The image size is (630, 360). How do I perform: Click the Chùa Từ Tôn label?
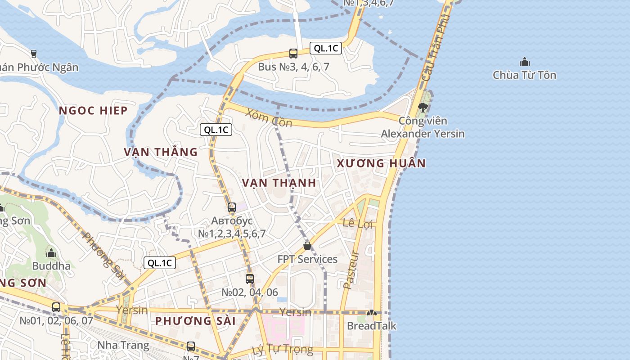(x=524, y=75)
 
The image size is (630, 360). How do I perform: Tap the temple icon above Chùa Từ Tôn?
(x=524, y=62)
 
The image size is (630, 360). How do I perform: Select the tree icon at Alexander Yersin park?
(x=423, y=107)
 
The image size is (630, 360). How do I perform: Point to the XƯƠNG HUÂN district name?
(x=381, y=163)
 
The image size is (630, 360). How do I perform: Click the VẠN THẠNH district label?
(x=279, y=183)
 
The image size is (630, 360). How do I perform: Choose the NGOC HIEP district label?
(x=93, y=111)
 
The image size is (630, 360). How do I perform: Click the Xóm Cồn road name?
(x=269, y=118)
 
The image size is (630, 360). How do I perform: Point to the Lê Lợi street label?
(x=358, y=223)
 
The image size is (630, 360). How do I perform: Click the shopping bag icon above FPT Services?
(x=307, y=246)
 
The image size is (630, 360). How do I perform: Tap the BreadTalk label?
(x=371, y=326)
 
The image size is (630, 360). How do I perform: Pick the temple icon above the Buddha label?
(x=51, y=253)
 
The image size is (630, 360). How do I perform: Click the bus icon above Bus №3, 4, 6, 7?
(x=293, y=54)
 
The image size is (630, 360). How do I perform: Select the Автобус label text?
(x=232, y=221)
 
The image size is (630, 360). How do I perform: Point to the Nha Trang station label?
(x=123, y=346)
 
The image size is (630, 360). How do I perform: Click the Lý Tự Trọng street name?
(x=282, y=349)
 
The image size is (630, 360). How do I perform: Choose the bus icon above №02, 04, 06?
(x=250, y=279)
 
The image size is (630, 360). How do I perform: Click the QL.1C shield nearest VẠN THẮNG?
(x=216, y=130)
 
